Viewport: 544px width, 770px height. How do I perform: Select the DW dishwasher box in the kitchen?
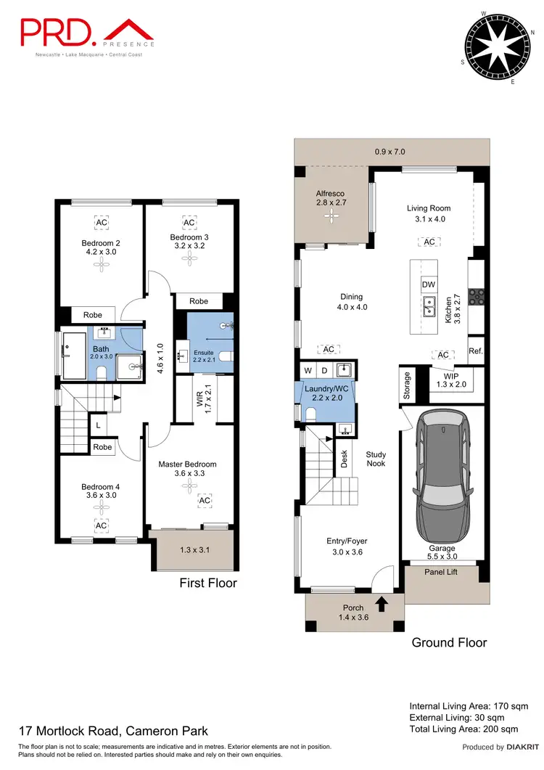click(x=428, y=285)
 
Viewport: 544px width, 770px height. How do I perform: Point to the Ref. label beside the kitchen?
click(x=476, y=351)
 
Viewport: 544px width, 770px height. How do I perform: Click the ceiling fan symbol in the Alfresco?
click(x=331, y=216)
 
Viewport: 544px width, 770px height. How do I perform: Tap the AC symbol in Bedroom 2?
click(x=102, y=222)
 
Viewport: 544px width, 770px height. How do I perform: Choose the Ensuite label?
click(x=203, y=352)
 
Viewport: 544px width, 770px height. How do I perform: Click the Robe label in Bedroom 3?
click(x=199, y=301)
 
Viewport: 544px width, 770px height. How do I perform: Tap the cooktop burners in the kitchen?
click(x=477, y=296)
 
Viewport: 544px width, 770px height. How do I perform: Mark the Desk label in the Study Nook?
click(x=345, y=459)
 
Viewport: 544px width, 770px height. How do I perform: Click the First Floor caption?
click(x=207, y=583)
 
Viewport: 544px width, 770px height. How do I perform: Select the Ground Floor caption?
click(x=449, y=642)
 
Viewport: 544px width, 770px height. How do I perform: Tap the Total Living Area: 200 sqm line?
click(x=463, y=729)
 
